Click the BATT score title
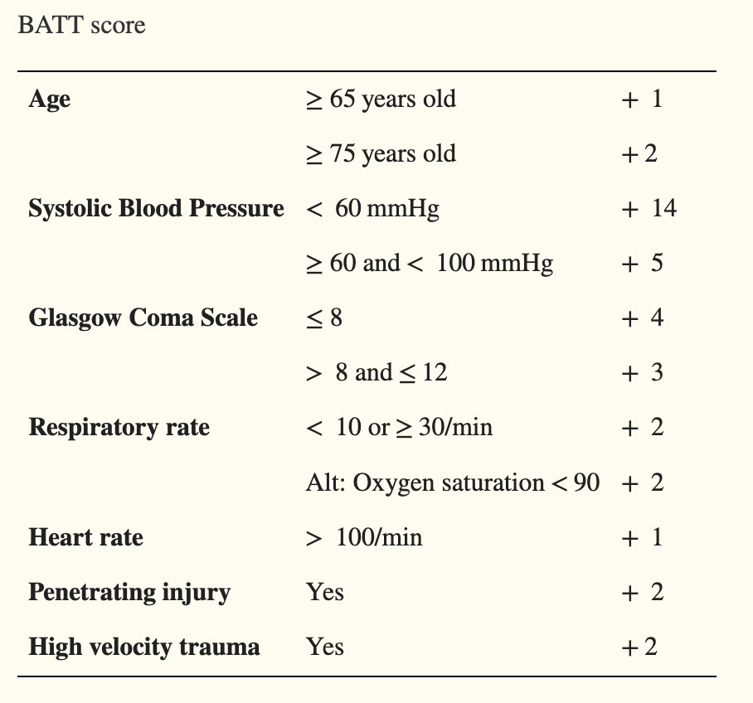point(81,25)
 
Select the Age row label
point(50,99)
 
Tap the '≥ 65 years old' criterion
point(381,99)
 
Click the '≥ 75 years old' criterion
point(381,154)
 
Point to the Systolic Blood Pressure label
point(156,208)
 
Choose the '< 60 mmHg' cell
point(372,209)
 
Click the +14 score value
point(649,208)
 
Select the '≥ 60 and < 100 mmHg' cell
point(430,264)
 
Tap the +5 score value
point(642,263)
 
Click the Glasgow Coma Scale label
point(143,318)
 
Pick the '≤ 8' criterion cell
point(324,318)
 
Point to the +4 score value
point(642,318)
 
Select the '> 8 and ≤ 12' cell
point(376,372)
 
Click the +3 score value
point(642,372)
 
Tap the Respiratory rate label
point(119,428)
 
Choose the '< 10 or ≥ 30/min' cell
point(399,428)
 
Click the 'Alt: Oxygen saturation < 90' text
point(453,482)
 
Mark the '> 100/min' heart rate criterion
point(364,537)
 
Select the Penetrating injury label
point(129,593)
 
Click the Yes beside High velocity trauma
point(325,647)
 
